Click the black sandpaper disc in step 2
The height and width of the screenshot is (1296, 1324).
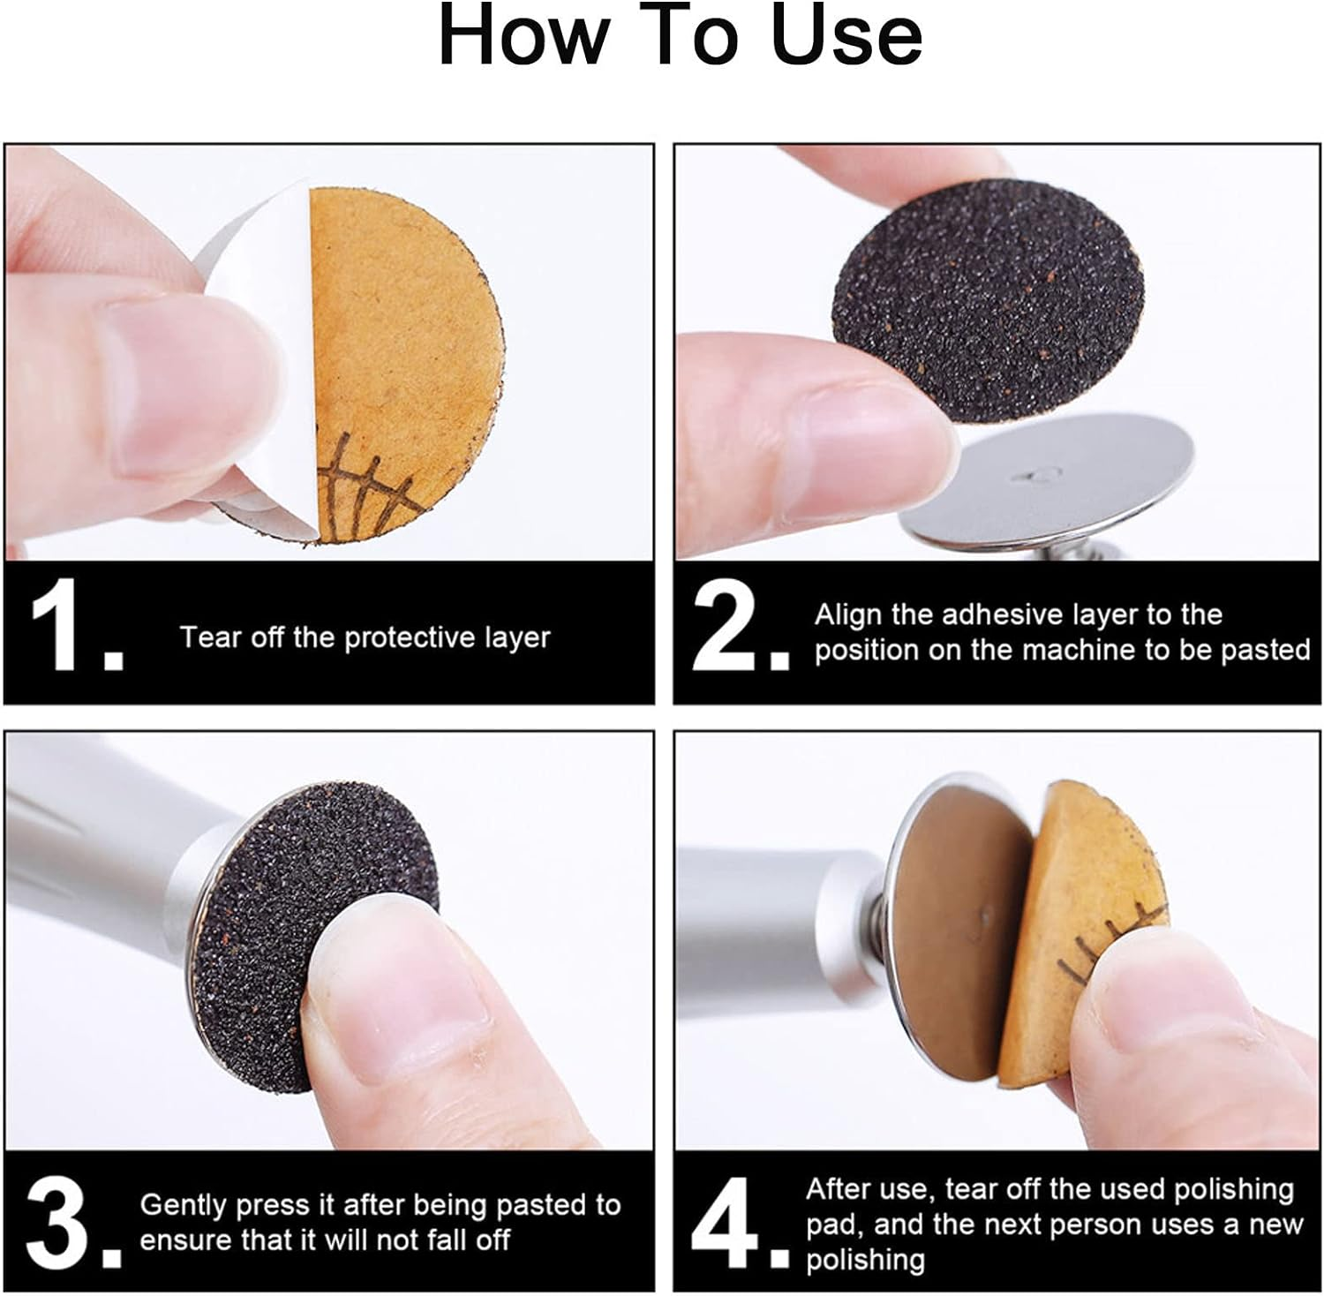pos(989,283)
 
